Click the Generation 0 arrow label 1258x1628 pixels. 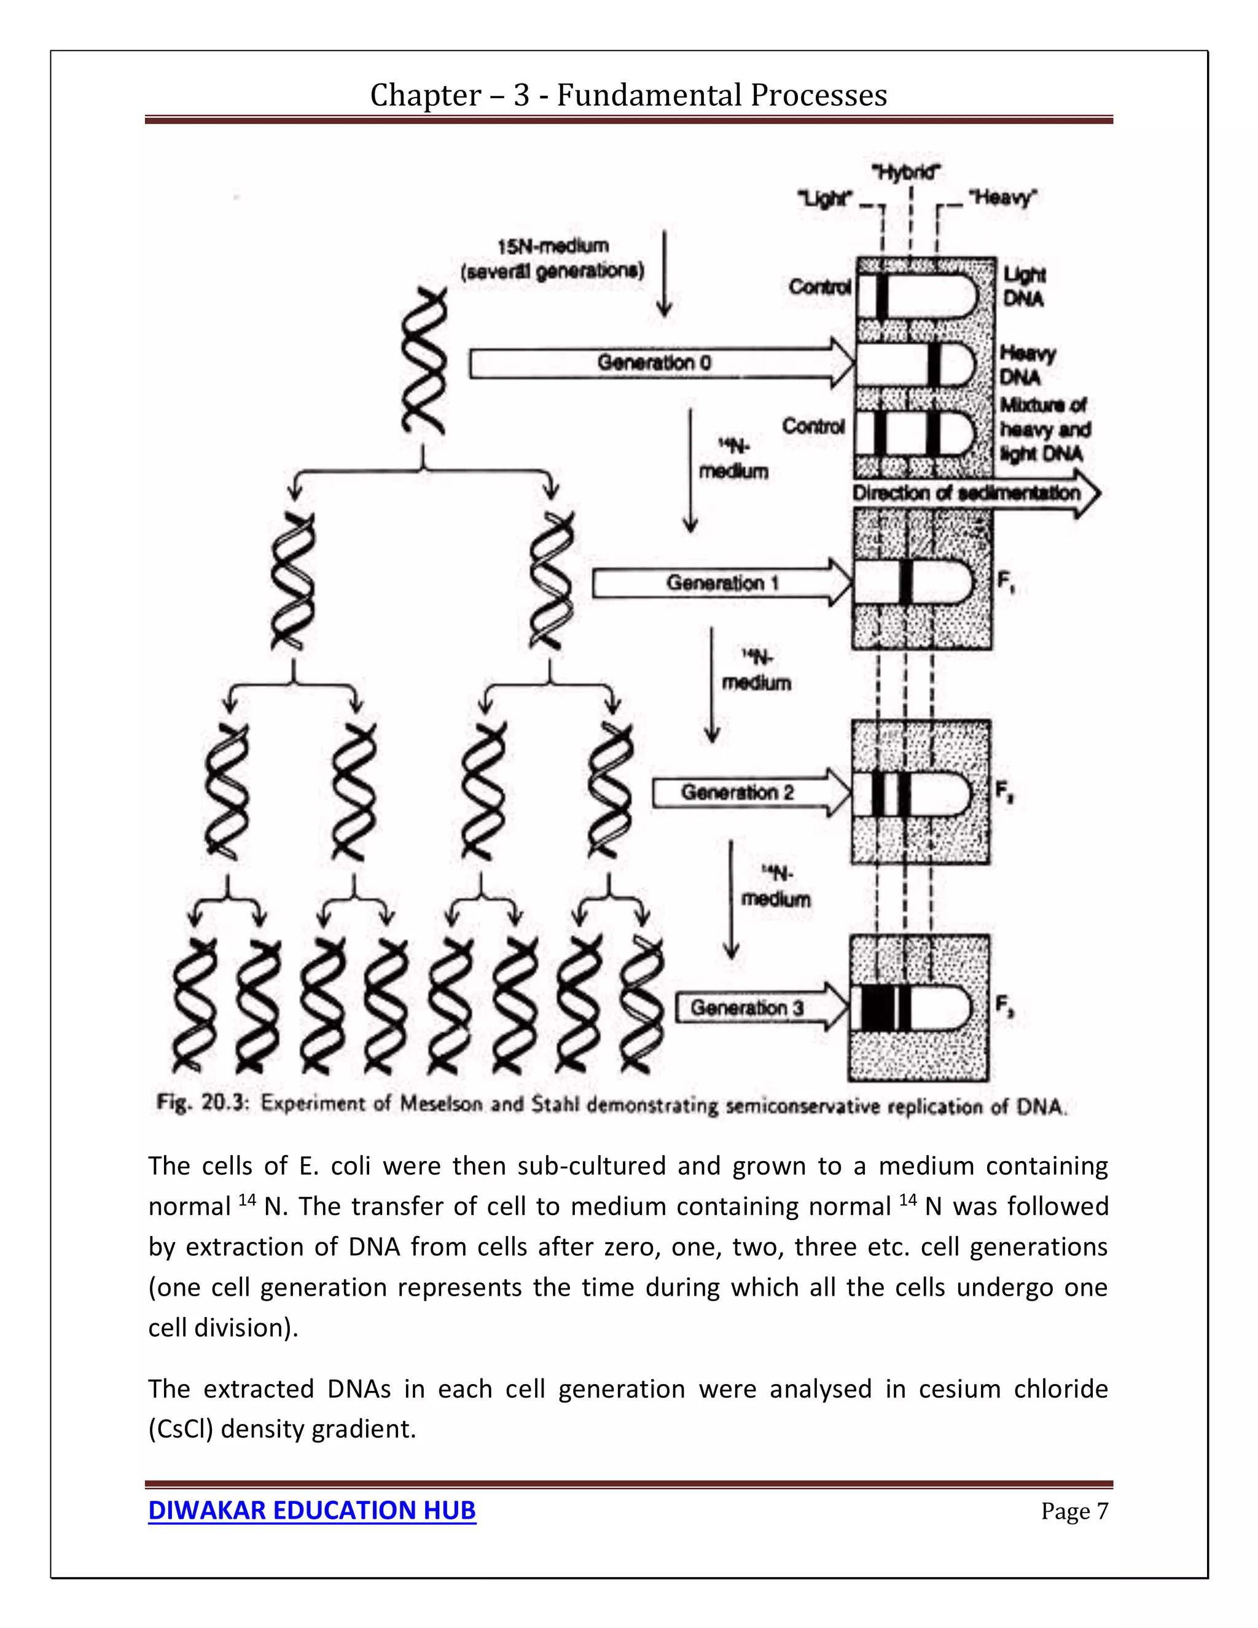point(654,363)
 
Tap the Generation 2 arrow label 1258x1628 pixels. point(737,792)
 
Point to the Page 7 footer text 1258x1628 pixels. point(1074,1511)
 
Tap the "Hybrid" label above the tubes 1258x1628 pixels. point(905,173)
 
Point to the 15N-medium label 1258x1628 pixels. point(552,246)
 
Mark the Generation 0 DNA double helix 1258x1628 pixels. point(423,363)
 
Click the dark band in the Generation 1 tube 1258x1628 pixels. point(905,582)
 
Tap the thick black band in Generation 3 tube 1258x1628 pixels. point(877,1009)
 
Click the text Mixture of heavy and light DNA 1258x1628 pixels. point(1044,429)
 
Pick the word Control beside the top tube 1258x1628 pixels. point(819,287)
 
